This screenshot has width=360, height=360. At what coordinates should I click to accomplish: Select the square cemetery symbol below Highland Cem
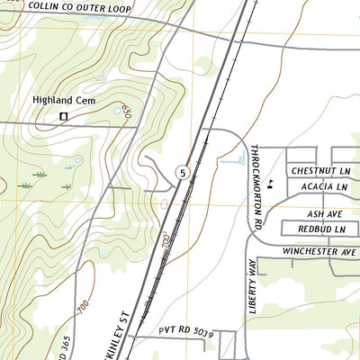coord(64,116)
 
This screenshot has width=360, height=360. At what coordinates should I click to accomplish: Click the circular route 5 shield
coord(183,172)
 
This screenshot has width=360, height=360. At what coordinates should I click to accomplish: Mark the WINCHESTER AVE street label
coord(319,251)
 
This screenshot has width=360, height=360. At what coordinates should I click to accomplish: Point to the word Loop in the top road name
coord(116,9)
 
